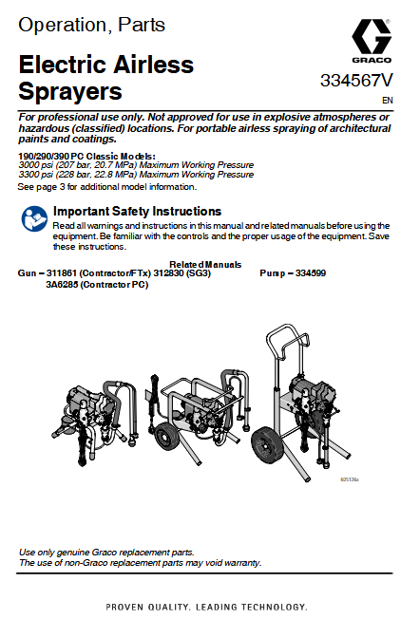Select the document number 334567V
point(356,81)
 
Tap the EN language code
point(387,99)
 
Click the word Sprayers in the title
point(70,92)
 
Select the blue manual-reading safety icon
point(32,219)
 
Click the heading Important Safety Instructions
point(137,211)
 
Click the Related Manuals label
point(205,264)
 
